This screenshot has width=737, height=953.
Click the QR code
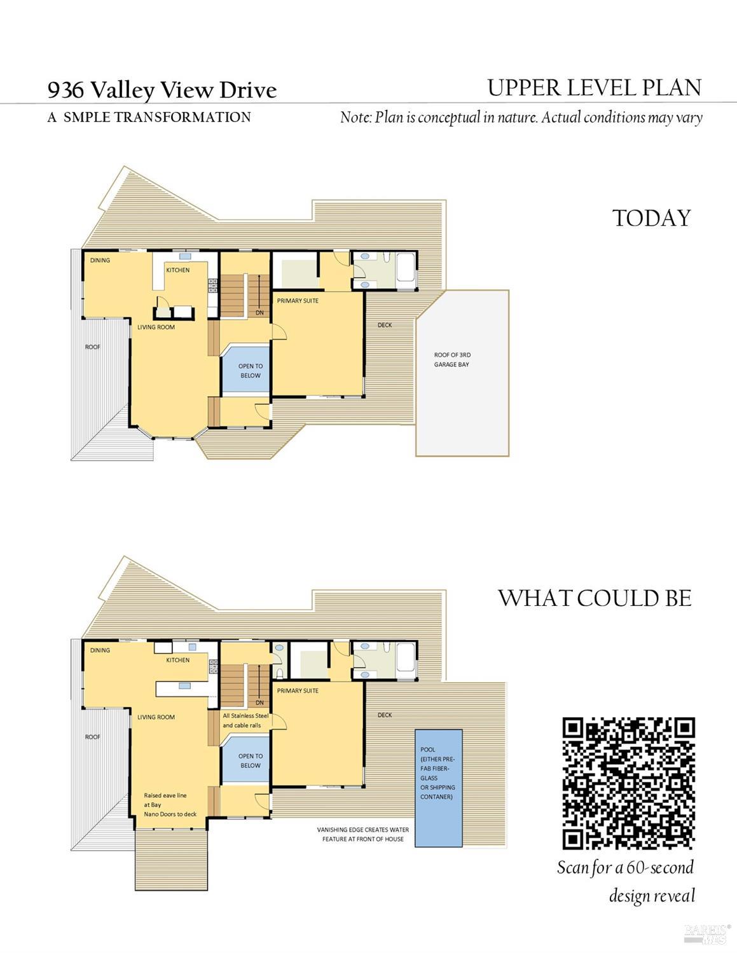coord(628,783)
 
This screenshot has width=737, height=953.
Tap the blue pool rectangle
coord(438,788)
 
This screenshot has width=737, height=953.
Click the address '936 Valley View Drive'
coord(162,90)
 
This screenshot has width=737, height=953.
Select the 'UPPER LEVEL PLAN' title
coord(595,88)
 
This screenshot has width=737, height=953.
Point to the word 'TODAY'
coord(652,218)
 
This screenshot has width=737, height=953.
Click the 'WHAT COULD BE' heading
coord(595,598)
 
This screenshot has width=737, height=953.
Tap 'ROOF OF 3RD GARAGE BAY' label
coord(452,360)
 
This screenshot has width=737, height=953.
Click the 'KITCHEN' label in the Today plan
coord(177,270)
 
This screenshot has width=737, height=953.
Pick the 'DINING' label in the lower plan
coord(100,650)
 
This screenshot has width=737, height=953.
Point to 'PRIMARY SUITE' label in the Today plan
coord(298,301)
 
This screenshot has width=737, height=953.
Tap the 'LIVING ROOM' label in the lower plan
coord(156,717)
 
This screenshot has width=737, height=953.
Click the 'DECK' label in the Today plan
coord(385,325)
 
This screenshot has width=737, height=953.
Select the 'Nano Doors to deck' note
coord(170,814)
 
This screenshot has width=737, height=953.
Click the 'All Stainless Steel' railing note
coord(245,716)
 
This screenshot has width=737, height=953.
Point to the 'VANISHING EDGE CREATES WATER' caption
coord(363,830)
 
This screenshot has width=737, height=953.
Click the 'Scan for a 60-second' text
coord(625,868)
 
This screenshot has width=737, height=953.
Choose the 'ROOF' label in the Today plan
coord(93,346)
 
